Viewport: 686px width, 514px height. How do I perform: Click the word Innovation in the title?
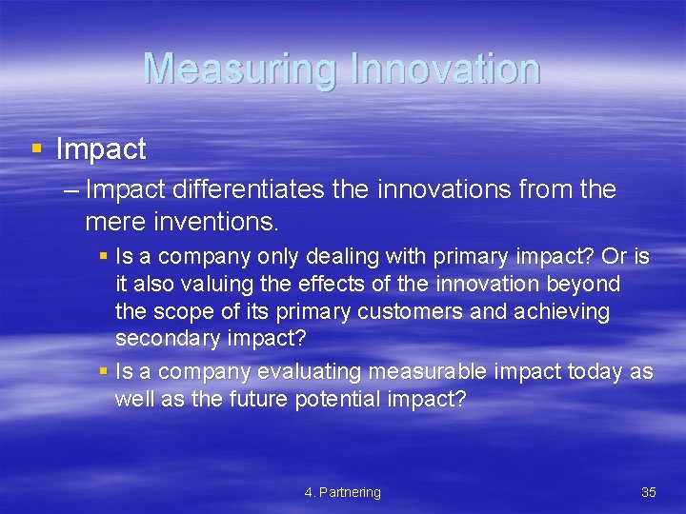(445, 69)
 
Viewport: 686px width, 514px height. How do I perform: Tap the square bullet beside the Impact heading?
(37, 149)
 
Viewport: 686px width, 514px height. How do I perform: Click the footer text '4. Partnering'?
(342, 492)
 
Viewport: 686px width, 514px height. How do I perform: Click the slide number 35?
(648, 492)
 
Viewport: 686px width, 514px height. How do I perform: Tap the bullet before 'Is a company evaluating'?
(104, 372)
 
